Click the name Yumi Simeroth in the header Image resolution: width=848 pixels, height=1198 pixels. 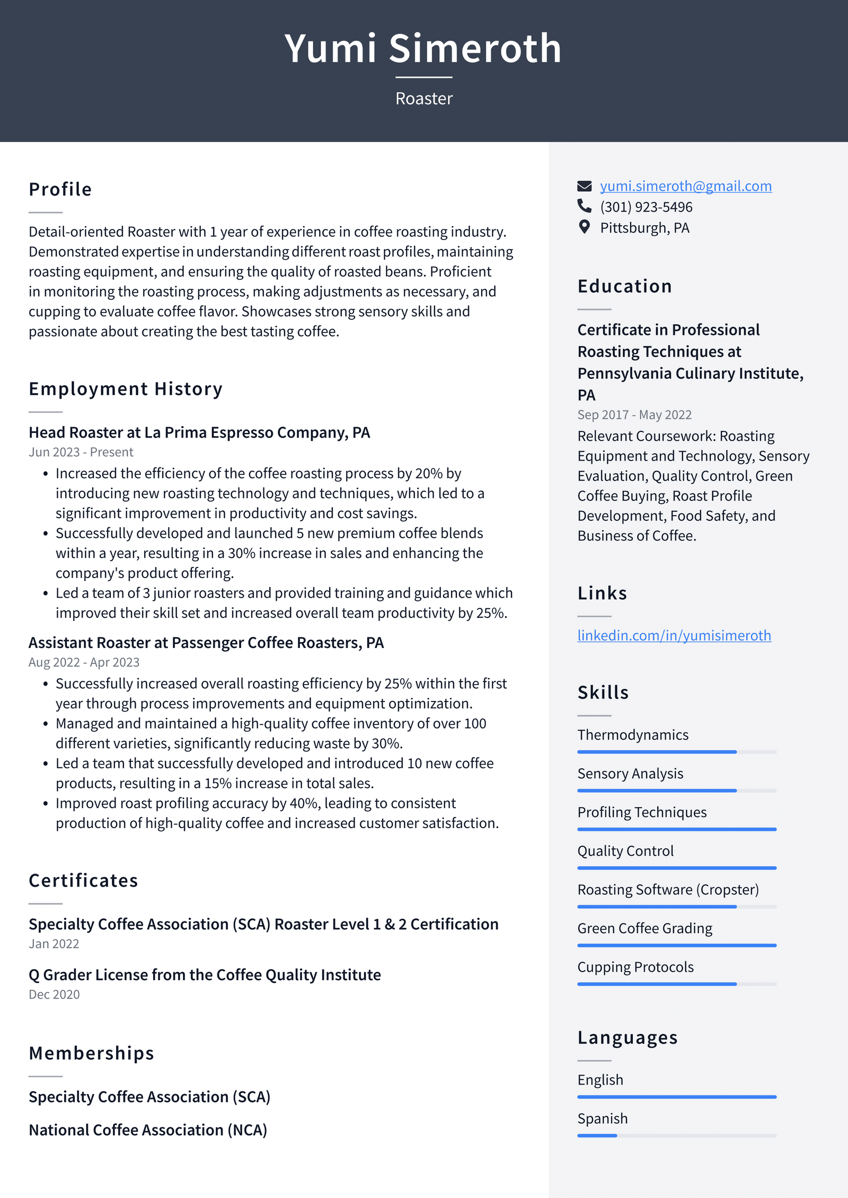pyautogui.click(x=423, y=49)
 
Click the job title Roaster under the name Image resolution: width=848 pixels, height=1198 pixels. pyautogui.click(x=423, y=99)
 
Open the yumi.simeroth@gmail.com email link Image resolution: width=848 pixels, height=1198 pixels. pyautogui.click(x=685, y=186)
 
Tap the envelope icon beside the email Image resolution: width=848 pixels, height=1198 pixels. pyautogui.click(x=584, y=186)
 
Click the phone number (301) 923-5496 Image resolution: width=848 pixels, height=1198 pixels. pyautogui.click(x=646, y=207)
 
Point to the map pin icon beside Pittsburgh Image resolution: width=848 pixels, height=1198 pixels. pyautogui.click(x=584, y=227)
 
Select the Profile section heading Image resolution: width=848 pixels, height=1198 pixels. pyautogui.click(x=60, y=189)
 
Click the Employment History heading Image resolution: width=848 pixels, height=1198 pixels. pyautogui.click(x=126, y=389)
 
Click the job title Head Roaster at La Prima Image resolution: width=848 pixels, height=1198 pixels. pyautogui.click(x=199, y=432)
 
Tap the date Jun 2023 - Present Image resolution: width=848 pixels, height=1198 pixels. pyautogui.click(x=81, y=452)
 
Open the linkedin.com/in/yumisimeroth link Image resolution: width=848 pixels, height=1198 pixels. pyautogui.click(x=674, y=635)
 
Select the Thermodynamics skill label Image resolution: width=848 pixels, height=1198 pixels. pyautogui.click(x=633, y=735)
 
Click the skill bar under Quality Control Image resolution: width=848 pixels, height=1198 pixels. pyautogui.click(x=676, y=868)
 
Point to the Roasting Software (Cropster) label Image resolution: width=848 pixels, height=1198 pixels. pyautogui.click(x=668, y=890)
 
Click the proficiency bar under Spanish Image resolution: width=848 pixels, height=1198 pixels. pyautogui.click(x=676, y=1135)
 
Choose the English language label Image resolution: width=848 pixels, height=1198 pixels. pyautogui.click(x=600, y=1080)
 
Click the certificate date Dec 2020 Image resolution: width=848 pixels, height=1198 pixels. pyautogui.click(x=54, y=995)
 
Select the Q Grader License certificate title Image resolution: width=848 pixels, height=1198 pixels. pyautogui.click(x=205, y=975)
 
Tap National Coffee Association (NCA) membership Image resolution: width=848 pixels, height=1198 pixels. pyautogui.click(x=148, y=1130)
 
